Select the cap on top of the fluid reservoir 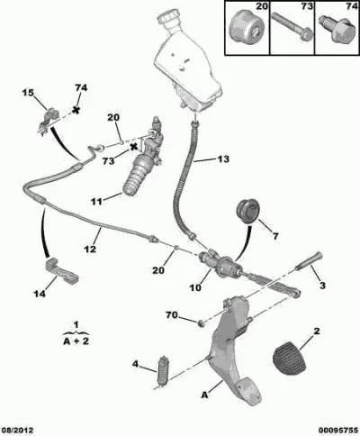click(x=169, y=18)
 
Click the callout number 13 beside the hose click(x=223, y=159)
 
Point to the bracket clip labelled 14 click(x=61, y=270)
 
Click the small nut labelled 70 click(x=202, y=323)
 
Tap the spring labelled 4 click(x=164, y=371)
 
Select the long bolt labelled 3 click(x=309, y=261)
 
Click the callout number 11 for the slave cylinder click(x=97, y=202)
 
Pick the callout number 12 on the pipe click(x=90, y=249)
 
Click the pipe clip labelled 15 click(x=48, y=121)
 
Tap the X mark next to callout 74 click(x=76, y=110)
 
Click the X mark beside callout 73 click(x=133, y=147)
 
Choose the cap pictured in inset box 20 click(x=247, y=28)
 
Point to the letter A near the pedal click(x=204, y=395)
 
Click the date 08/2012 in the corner click(x=17, y=431)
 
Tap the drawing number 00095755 click(x=338, y=431)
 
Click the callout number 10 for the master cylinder click(x=195, y=287)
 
